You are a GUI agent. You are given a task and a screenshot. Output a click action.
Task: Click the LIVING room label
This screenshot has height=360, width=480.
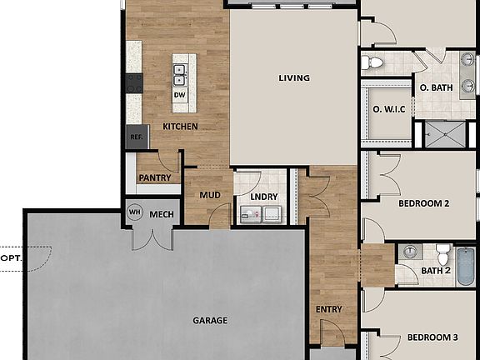coord(294,78)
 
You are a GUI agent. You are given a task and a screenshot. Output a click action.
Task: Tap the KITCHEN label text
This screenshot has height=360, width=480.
coord(180,127)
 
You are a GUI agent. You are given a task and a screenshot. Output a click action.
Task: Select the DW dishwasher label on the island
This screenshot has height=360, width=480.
coord(179,95)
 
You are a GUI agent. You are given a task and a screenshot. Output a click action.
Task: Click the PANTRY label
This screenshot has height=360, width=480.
coord(155,177)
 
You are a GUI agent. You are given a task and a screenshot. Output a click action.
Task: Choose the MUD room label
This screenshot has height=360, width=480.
coord(208,196)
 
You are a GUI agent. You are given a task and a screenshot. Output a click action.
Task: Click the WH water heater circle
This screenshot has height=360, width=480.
coord(134,212)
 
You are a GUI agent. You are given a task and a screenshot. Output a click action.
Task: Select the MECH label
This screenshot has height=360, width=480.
coord(161,213)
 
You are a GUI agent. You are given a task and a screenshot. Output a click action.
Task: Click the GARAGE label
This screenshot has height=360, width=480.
coord(210,320)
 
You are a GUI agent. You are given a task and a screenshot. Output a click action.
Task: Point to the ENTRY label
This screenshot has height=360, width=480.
coord(329,310)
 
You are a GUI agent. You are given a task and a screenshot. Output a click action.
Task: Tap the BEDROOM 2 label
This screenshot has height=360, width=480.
coord(424,203)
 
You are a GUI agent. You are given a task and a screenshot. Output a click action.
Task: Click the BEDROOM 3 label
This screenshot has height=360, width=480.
coord(432,337)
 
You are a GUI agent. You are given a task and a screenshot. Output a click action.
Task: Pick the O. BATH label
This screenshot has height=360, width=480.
coord(436,87)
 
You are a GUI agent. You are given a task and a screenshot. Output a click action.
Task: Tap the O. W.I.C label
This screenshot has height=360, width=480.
coord(388,108)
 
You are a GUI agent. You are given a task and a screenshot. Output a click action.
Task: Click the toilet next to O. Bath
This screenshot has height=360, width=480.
coord(373,62)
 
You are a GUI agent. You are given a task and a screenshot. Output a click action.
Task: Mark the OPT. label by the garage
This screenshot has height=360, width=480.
coord(11,258)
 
